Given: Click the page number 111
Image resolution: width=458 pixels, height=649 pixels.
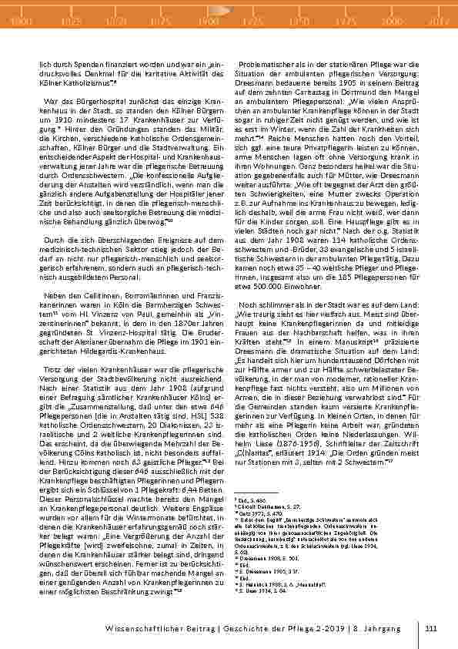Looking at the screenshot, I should (x=430, y=628).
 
